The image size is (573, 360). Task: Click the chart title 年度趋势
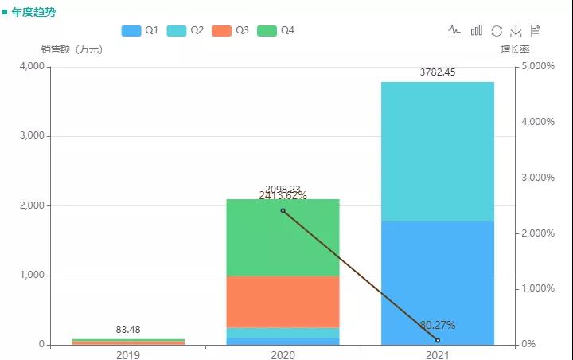pyautogui.click(x=33, y=13)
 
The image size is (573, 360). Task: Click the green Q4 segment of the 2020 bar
pyautogui.click(x=283, y=237)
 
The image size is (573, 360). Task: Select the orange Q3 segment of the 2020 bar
pyautogui.click(x=283, y=302)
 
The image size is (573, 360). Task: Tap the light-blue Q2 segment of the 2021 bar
pyautogui.click(x=438, y=151)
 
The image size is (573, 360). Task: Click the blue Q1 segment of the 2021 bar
pyautogui.click(x=438, y=283)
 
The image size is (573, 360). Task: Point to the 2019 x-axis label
pyautogui.click(x=128, y=354)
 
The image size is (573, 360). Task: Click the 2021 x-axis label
pyautogui.click(x=438, y=354)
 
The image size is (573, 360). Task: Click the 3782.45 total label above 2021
pyautogui.click(x=437, y=72)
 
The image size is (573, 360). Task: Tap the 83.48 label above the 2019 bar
pyautogui.click(x=128, y=329)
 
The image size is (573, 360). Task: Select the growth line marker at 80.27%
pyautogui.click(x=438, y=340)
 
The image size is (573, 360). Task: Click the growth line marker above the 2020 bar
pyautogui.click(x=283, y=210)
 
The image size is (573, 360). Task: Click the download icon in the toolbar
pyautogui.click(x=516, y=31)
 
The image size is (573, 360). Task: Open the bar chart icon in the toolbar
pyautogui.click(x=477, y=31)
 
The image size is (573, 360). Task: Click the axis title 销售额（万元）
pyautogui.click(x=72, y=49)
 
